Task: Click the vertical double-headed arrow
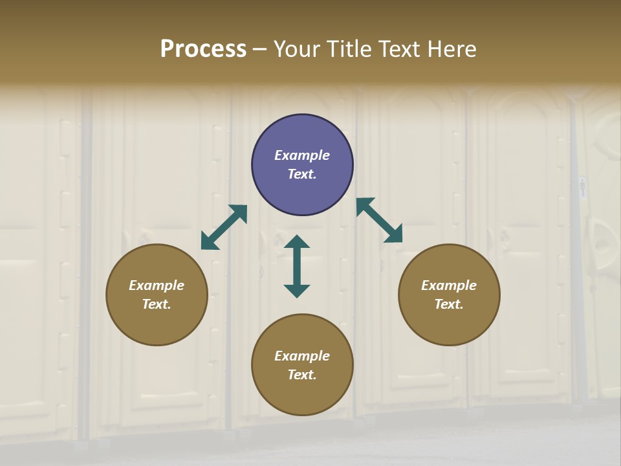click(x=297, y=266)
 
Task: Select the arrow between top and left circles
click(x=224, y=227)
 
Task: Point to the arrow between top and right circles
click(x=379, y=220)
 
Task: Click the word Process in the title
click(x=203, y=49)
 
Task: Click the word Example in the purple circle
click(x=302, y=155)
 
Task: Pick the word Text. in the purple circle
click(x=302, y=174)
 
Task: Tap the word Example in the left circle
click(x=157, y=285)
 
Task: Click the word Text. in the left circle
click(x=157, y=304)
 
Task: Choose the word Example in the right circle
click(x=449, y=285)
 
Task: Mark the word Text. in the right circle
click(x=449, y=304)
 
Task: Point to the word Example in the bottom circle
click(x=302, y=356)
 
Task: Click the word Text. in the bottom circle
click(x=302, y=375)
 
